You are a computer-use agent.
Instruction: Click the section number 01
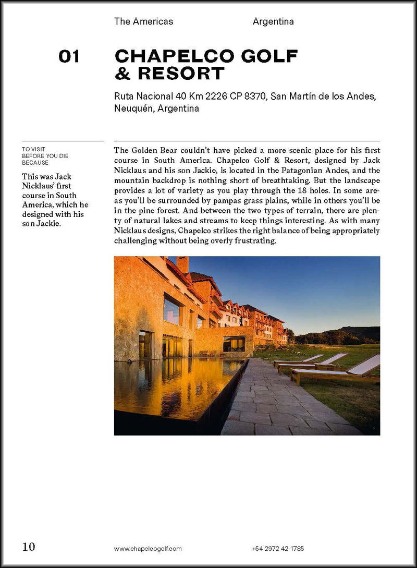(69, 56)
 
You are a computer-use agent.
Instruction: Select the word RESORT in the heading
(180, 74)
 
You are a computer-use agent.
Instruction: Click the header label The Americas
(143, 21)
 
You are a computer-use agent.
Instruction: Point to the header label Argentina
(273, 21)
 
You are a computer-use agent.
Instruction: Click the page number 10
(29, 547)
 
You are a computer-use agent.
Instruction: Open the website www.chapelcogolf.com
(148, 549)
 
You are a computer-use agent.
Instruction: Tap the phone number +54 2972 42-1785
(278, 549)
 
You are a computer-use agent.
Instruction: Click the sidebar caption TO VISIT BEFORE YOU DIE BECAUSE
(45, 155)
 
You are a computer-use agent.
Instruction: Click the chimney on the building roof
(182, 264)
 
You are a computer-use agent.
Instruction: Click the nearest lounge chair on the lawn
(339, 371)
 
